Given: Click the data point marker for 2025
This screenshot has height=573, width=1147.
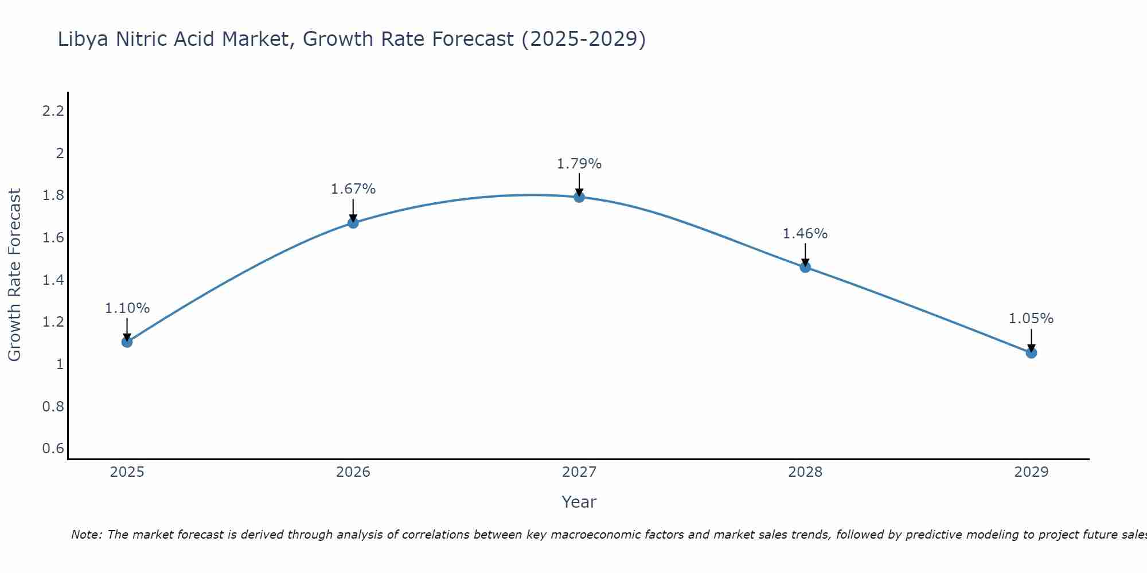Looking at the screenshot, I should (127, 342).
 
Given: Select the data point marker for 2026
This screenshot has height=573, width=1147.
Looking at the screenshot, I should (353, 223).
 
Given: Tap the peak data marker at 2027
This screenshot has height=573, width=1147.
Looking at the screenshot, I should (579, 197).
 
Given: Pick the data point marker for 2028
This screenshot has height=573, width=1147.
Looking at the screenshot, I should (805, 267).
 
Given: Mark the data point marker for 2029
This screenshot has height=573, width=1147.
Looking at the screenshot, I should (1031, 353).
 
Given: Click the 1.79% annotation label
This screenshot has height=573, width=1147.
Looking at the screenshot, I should (579, 164).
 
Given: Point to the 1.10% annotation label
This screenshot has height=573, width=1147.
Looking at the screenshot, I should (127, 308).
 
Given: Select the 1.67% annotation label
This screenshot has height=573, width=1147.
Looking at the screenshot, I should (353, 189).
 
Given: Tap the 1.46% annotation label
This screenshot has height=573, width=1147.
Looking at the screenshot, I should (805, 234).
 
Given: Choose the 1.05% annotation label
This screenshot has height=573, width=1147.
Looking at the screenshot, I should (1031, 319).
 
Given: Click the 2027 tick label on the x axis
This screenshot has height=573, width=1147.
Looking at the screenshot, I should (579, 472).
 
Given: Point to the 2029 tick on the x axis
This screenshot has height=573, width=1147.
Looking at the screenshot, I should (1031, 472).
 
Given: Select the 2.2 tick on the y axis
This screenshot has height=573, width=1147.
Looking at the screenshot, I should (53, 111).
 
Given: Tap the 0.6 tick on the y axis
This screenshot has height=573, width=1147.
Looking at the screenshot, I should (53, 448).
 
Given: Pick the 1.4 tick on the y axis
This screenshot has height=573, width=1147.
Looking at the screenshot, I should (53, 280).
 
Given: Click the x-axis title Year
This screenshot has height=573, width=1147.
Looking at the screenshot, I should (579, 502).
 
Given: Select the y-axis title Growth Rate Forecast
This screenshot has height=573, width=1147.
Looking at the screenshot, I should (14, 275).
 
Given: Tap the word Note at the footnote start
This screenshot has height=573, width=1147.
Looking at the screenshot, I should (86, 535).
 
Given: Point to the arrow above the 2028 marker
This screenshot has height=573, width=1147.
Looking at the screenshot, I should (805, 254).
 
